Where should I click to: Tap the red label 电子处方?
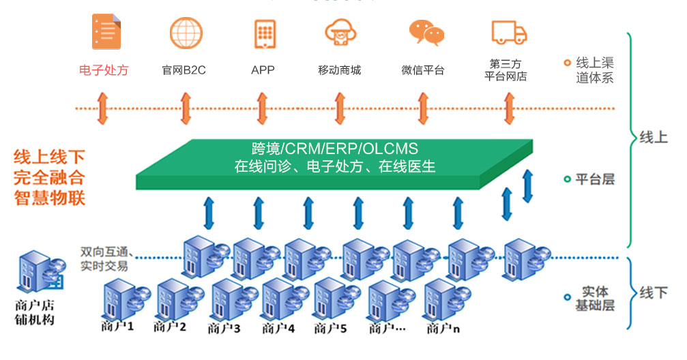pos(104,70)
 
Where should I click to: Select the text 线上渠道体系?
pos(594,70)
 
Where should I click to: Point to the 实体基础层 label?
pos(594,298)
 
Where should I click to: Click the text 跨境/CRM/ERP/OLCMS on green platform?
pos(334,149)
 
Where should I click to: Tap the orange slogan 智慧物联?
pos(49,199)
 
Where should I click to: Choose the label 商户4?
pos(278,329)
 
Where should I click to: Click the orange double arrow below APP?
pos(262,108)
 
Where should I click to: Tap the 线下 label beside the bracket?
pos(653,293)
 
